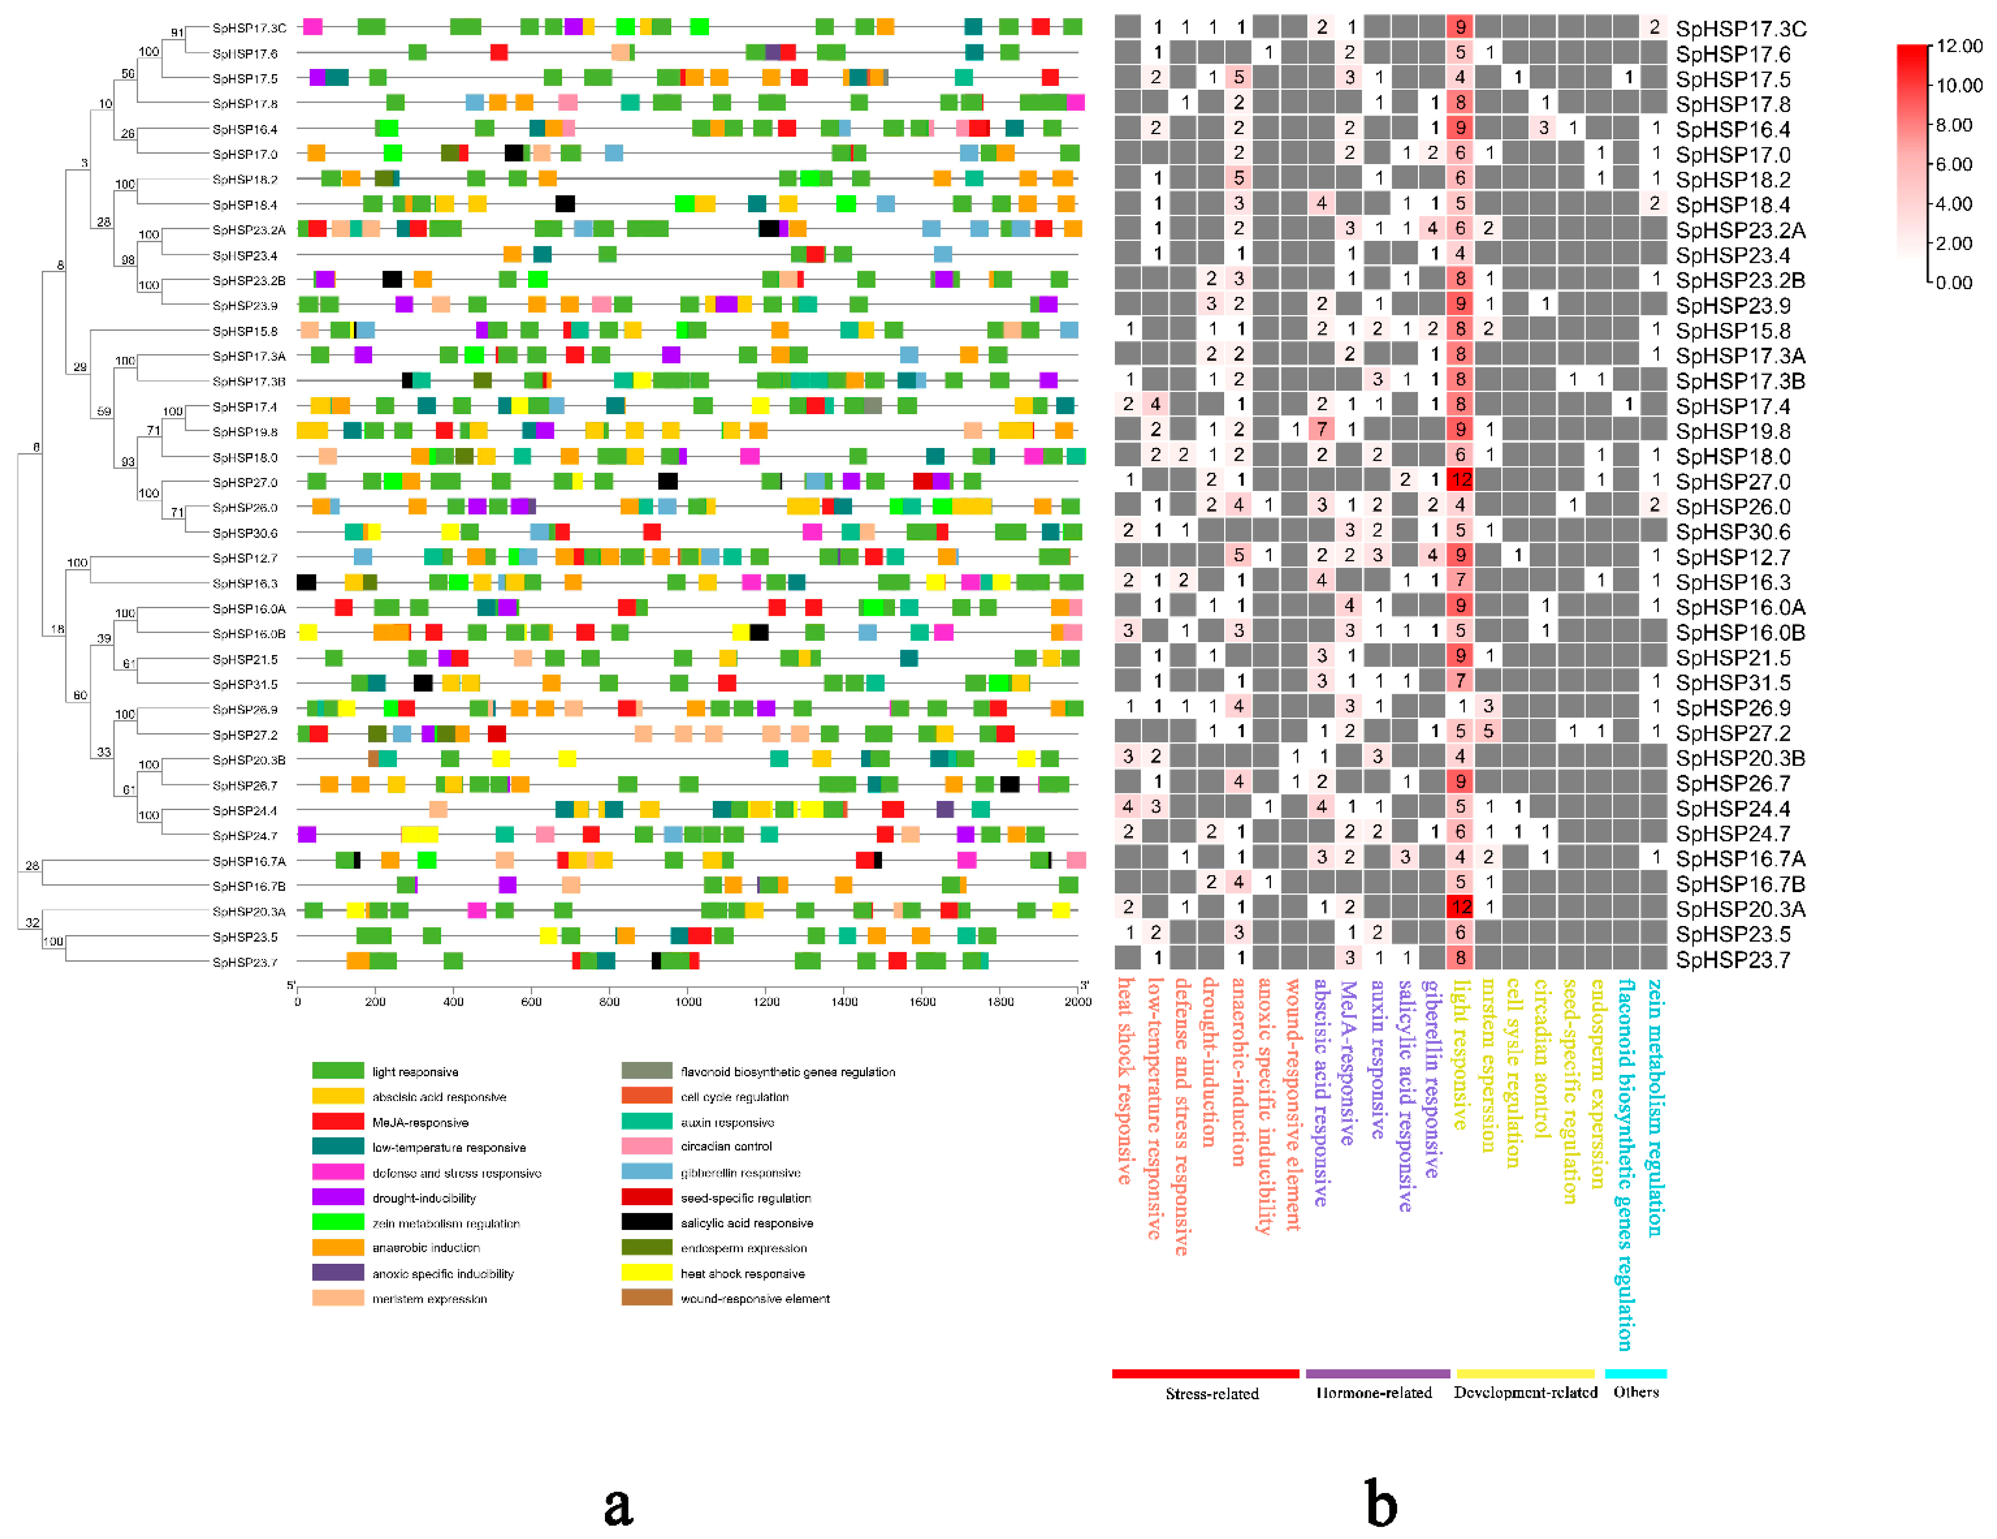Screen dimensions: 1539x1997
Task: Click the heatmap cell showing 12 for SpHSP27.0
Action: pyautogui.click(x=1460, y=479)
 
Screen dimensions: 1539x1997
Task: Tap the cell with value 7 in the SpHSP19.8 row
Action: pyautogui.click(x=1321, y=429)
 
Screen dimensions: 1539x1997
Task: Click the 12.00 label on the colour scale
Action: pyautogui.click(x=1959, y=46)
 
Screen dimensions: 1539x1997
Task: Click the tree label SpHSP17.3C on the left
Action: pyautogui.click(x=249, y=28)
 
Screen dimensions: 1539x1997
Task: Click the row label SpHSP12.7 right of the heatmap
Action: pyautogui.click(x=1732, y=557)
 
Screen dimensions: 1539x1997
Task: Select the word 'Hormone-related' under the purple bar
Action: pyautogui.click(x=1373, y=1393)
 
